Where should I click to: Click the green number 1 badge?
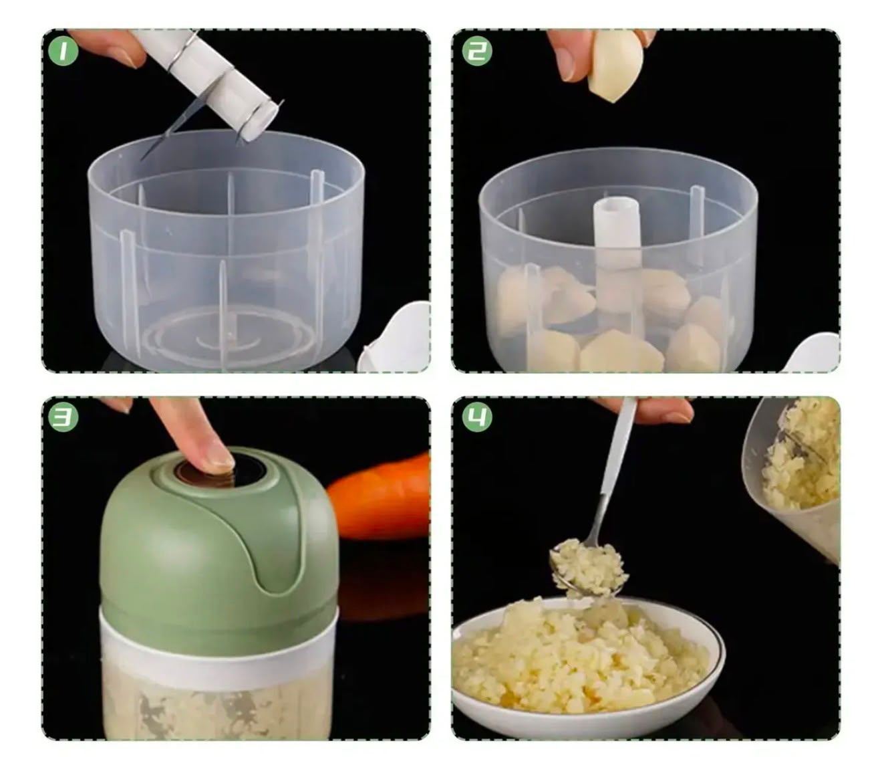click(x=63, y=51)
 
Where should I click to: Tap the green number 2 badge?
click(x=477, y=51)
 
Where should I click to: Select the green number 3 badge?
click(x=63, y=417)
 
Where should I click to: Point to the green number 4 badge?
click(x=477, y=417)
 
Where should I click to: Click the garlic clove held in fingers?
click(x=616, y=67)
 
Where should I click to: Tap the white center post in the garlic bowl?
click(x=616, y=247)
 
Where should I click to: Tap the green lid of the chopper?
click(x=220, y=546)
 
